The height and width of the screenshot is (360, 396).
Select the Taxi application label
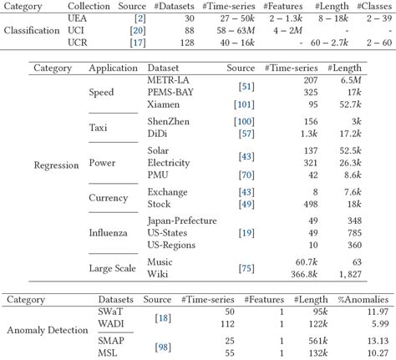pyautogui.click(x=99, y=127)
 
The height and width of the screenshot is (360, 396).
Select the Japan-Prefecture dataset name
pyautogui.click(x=181, y=221)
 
